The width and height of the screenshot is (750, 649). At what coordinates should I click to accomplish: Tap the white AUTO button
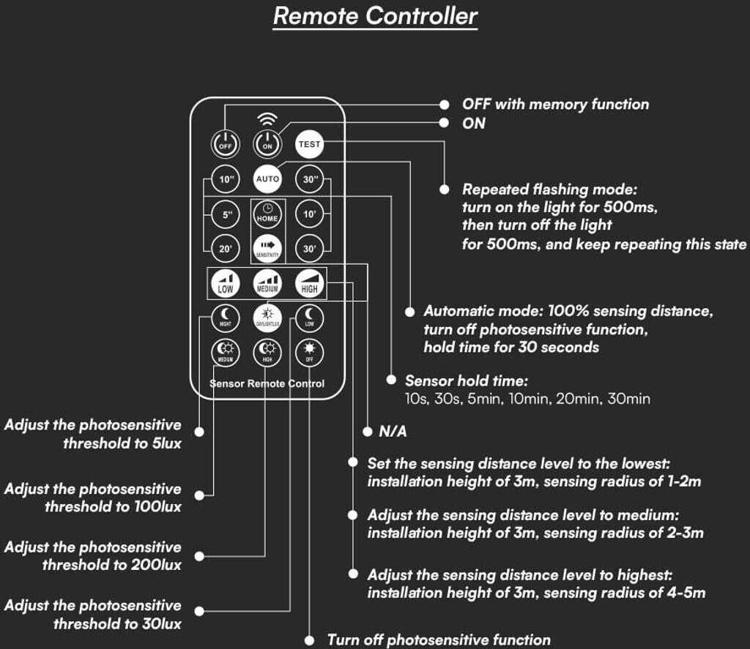[x=267, y=179]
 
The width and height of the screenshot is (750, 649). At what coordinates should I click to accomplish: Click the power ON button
[x=267, y=143]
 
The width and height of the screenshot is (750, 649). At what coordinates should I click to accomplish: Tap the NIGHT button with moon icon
[x=225, y=318]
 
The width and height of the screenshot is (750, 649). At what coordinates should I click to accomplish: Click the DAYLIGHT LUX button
[x=267, y=318]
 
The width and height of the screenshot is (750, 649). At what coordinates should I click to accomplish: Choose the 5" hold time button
[x=225, y=214]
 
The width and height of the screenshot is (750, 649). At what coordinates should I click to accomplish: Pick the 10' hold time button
[x=309, y=214]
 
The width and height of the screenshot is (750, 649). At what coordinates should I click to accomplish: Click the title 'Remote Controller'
[x=375, y=16]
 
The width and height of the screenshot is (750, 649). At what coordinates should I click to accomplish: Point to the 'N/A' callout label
[x=393, y=432]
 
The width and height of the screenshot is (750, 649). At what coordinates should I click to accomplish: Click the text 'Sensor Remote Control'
[x=267, y=383]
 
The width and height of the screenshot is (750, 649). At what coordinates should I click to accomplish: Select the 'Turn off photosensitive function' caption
[x=438, y=640]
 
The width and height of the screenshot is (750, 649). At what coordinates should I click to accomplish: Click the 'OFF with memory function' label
[x=555, y=105]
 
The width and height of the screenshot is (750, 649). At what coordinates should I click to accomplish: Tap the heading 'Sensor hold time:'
[x=467, y=381]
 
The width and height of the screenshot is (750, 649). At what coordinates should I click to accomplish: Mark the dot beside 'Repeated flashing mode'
[x=445, y=190]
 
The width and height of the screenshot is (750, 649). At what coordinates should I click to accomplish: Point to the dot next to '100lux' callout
[x=198, y=497]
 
